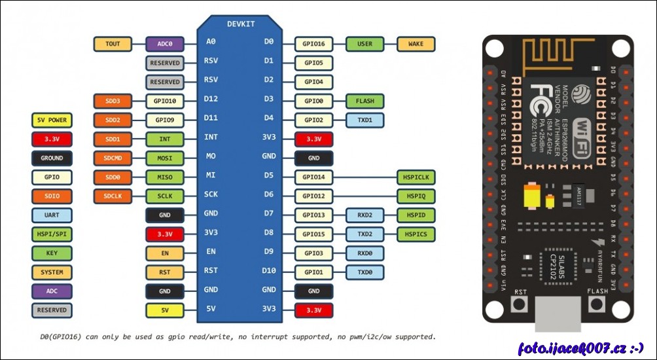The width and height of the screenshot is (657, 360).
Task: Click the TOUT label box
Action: click(113, 44)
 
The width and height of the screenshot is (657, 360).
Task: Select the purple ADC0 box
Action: click(164, 44)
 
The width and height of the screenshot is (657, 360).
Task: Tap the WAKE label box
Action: click(416, 44)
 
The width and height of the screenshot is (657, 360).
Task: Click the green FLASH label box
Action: click(364, 101)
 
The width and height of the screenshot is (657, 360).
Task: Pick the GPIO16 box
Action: click(313, 44)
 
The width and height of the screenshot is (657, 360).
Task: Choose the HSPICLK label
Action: click(416, 177)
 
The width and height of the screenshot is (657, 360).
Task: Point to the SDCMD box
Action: click(113, 158)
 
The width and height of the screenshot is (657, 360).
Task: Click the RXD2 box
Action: click(364, 215)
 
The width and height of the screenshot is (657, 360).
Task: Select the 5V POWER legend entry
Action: click(52, 120)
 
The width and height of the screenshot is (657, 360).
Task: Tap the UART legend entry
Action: click(52, 215)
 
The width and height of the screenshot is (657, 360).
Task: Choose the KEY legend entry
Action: click(52, 253)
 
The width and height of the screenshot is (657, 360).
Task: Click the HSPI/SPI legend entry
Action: click(52, 234)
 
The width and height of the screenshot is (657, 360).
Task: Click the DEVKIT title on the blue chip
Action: click(240, 24)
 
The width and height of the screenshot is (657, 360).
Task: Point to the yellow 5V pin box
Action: click(164, 310)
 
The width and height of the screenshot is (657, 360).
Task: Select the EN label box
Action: click(164, 253)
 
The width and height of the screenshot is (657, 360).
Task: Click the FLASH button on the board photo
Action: click(597, 304)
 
